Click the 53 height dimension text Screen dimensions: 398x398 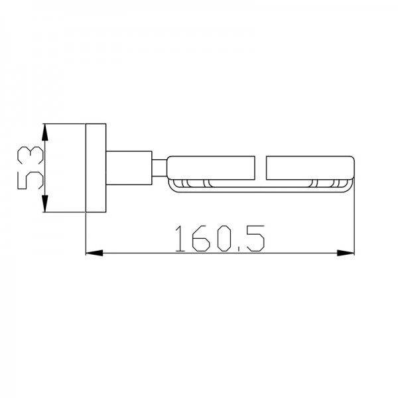click(31, 168)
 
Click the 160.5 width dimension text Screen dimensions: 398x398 click(220, 239)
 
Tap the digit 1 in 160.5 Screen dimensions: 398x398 click(180, 239)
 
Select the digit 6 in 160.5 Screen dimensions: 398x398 click(201, 239)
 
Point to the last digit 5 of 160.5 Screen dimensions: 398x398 click(256, 239)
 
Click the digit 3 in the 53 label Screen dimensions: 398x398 click(31, 155)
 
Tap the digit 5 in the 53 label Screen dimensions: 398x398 click(31, 180)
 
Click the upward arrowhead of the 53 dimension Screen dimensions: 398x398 click(44, 132)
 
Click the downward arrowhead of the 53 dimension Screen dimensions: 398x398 click(44, 204)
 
